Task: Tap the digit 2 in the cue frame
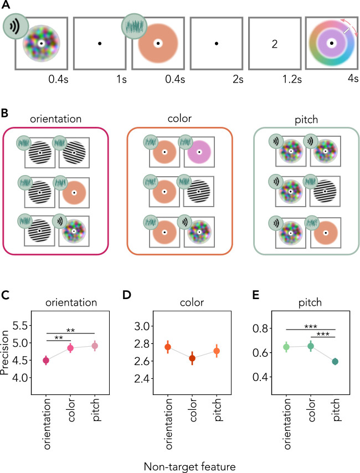click(275, 44)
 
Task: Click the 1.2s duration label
click(292, 79)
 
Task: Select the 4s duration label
click(353, 79)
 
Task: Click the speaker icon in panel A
click(16, 26)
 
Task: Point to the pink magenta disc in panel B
click(199, 152)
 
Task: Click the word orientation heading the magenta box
click(56, 119)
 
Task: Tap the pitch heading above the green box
click(306, 120)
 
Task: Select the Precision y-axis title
click(5, 353)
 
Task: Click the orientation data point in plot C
click(46, 360)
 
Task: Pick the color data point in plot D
click(192, 358)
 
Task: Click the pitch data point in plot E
click(335, 361)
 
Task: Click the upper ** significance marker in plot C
click(70, 331)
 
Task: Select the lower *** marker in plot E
click(323, 334)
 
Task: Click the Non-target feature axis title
click(190, 466)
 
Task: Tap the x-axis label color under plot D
click(193, 410)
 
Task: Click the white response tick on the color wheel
click(346, 31)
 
